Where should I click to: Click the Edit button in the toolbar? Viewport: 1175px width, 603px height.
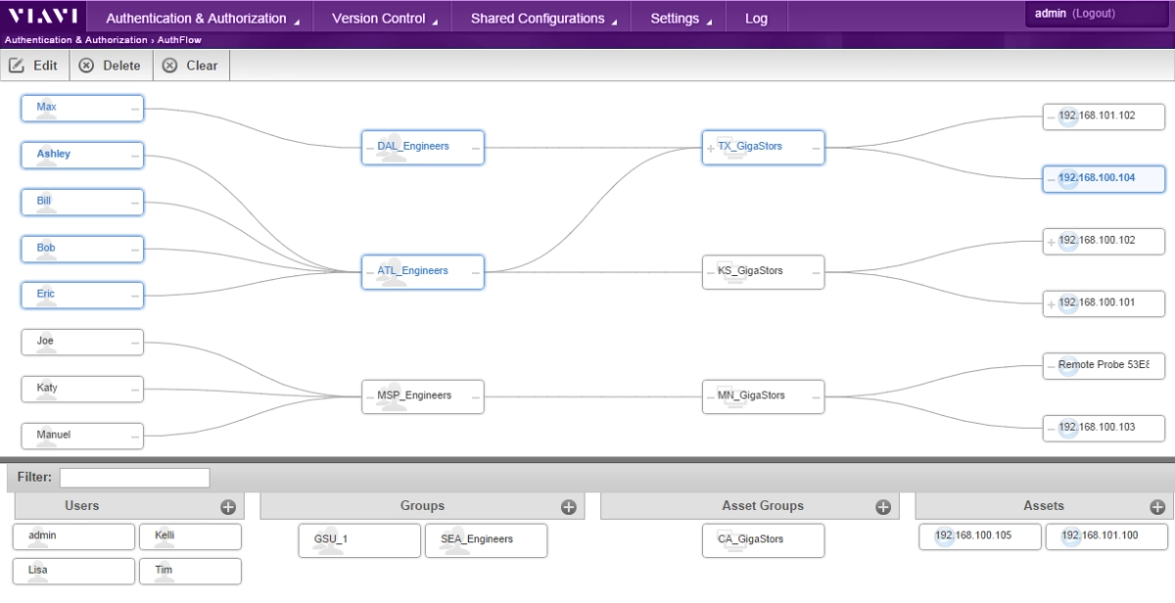click(34, 66)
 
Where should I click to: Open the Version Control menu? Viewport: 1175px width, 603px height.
click(383, 19)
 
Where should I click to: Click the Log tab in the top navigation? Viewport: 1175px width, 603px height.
click(756, 19)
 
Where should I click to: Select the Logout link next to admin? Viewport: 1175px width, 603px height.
click(1094, 14)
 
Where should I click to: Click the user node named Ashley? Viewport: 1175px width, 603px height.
click(82, 155)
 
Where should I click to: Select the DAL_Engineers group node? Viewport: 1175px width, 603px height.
click(423, 148)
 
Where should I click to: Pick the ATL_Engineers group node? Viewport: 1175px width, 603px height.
click(423, 272)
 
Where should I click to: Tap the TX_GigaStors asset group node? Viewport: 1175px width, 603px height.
click(763, 148)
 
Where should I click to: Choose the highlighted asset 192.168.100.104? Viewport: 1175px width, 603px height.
click(1104, 179)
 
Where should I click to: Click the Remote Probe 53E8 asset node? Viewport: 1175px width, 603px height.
click(1104, 365)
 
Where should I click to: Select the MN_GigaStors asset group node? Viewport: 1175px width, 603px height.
click(763, 396)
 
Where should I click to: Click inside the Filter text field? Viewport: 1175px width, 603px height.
click(135, 478)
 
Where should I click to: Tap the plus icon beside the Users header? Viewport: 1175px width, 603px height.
click(228, 507)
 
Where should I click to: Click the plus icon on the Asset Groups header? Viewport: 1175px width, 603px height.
click(883, 507)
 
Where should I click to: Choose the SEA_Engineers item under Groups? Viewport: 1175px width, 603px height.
click(487, 540)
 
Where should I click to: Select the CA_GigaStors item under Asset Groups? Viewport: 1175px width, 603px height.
click(763, 540)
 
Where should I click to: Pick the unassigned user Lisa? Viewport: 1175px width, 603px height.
click(74, 571)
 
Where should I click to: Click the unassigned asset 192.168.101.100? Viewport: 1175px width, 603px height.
click(1106, 536)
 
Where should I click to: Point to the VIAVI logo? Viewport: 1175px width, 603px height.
click(43, 16)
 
